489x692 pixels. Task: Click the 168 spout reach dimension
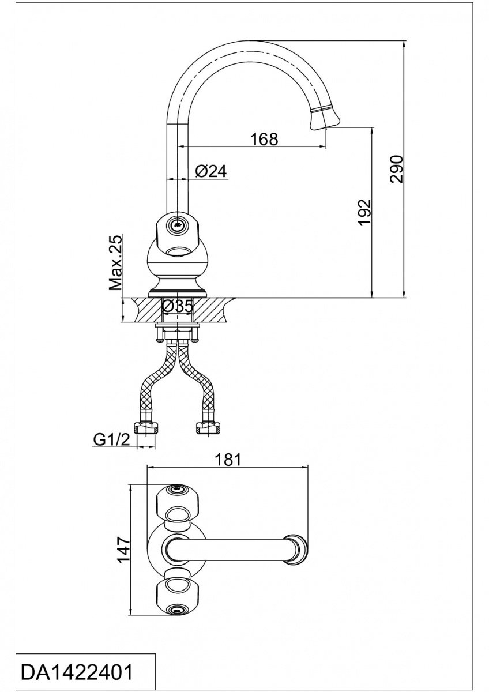(264, 139)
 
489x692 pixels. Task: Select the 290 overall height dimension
(397, 170)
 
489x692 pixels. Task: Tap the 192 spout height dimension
(364, 213)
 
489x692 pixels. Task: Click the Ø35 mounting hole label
(178, 306)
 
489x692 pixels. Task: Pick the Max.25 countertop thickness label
(115, 262)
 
